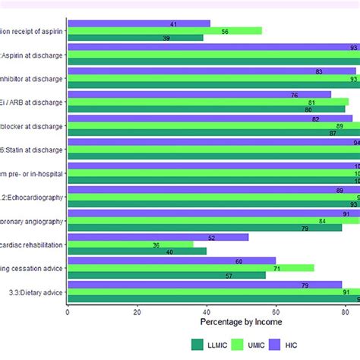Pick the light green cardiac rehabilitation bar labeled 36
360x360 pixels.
pyautogui.click(x=129, y=245)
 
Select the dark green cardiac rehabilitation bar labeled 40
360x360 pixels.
pyautogui.click(x=137, y=252)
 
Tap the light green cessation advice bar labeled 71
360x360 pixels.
pyautogui.click(x=190, y=268)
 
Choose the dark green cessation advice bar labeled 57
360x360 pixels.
pyautogui.click(x=166, y=275)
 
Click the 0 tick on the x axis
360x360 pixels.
pyautogui.click(x=68, y=311)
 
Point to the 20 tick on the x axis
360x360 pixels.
pyautogui.click(x=137, y=311)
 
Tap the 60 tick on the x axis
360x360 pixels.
pyautogui.click(x=276, y=311)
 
